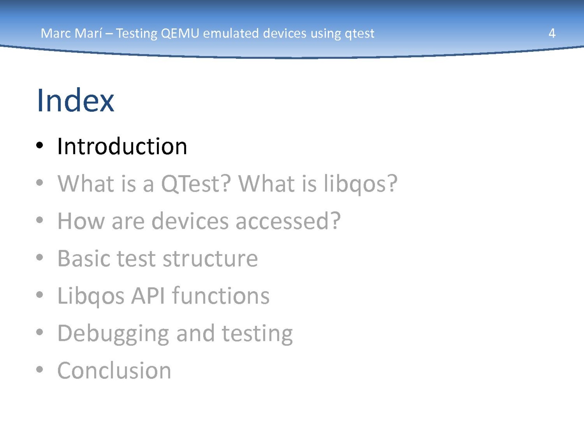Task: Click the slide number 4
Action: [552, 33]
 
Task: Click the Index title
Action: [76, 100]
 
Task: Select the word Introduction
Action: [122, 146]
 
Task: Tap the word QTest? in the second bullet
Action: [196, 184]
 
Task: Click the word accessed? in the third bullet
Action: [288, 221]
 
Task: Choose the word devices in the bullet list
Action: [190, 221]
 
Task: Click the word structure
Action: [210, 258]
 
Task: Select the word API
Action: [148, 295]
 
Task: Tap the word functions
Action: [220, 295]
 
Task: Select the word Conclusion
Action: [114, 370]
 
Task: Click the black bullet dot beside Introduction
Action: [39, 145]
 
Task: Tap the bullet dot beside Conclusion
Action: [39, 369]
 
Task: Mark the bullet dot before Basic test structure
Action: [39, 257]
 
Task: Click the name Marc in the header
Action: [56, 33]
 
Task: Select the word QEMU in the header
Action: [180, 34]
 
